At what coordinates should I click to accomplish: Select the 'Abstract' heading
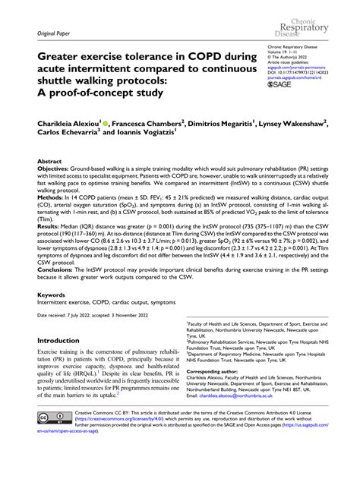click(x=49, y=162)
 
